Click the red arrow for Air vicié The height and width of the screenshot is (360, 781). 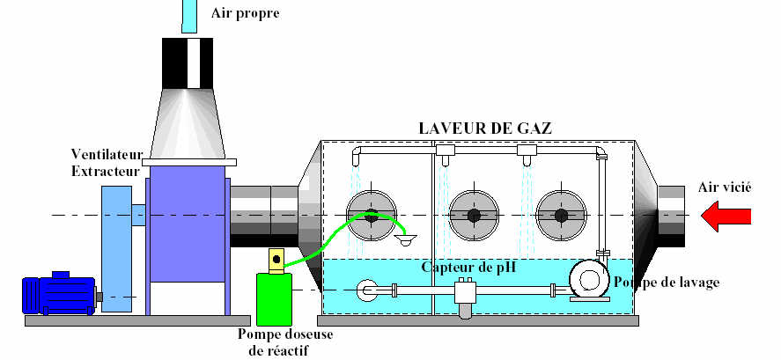click(x=726, y=215)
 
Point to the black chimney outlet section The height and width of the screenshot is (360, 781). click(x=191, y=62)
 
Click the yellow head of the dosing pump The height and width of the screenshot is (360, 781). click(x=276, y=260)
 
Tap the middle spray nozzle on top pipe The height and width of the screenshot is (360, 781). click(x=445, y=152)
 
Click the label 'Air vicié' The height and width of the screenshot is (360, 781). click(x=720, y=187)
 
